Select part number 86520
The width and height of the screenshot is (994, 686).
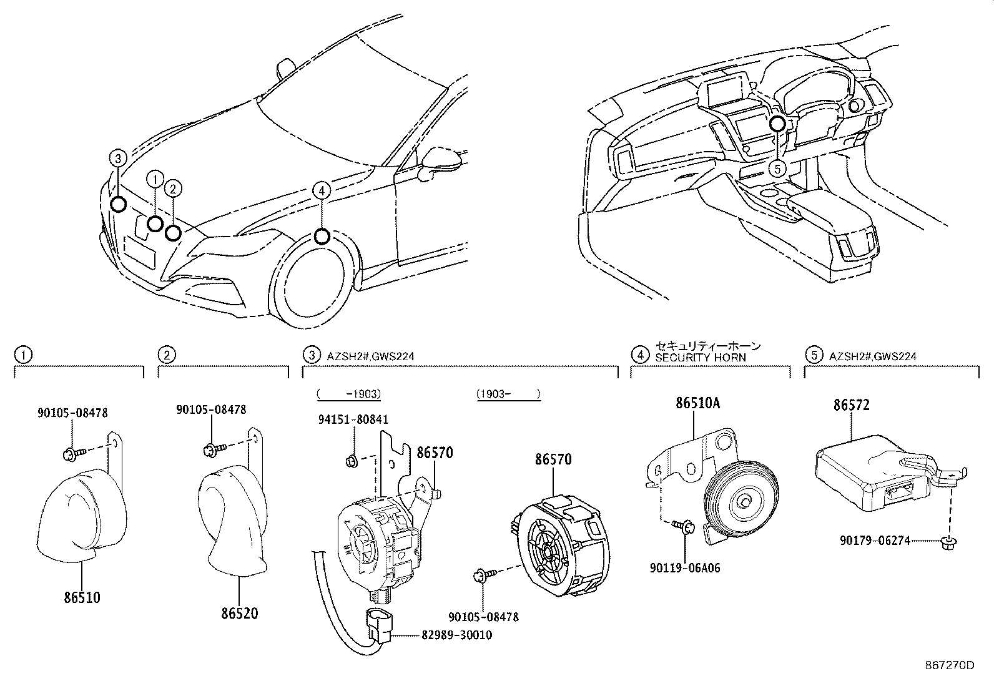239,613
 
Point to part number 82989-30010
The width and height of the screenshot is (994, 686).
448,635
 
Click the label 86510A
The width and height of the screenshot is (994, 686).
697,404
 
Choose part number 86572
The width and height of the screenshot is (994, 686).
852,405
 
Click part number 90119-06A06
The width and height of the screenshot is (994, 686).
684,569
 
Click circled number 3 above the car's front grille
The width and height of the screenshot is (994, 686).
118,159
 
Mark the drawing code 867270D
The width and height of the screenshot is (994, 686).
949,665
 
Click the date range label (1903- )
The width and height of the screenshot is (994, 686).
508,394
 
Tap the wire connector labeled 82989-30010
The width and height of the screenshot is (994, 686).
380,625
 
